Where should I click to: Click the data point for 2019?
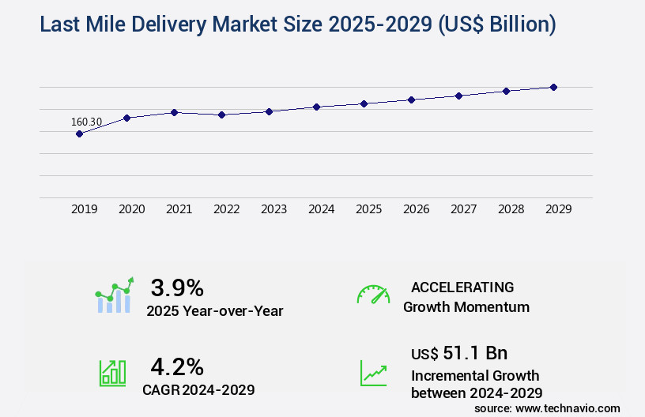point(79,133)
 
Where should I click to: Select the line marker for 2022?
point(222,115)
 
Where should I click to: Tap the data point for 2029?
point(553,87)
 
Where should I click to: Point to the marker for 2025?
point(364,103)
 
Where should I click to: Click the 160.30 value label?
point(86,122)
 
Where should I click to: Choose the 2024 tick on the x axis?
point(321,209)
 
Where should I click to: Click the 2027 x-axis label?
point(464,209)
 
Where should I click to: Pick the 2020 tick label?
point(131,209)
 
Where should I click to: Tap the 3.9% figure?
point(177,287)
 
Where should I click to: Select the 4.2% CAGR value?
point(177,366)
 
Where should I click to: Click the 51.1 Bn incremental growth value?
point(459,352)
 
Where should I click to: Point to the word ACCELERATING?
point(462,287)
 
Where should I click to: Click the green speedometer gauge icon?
point(373,294)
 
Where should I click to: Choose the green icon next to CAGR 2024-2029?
point(113,373)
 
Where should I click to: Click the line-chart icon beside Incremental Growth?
point(373,373)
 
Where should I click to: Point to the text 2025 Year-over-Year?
point(215,310)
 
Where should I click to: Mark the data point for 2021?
point(174,112)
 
